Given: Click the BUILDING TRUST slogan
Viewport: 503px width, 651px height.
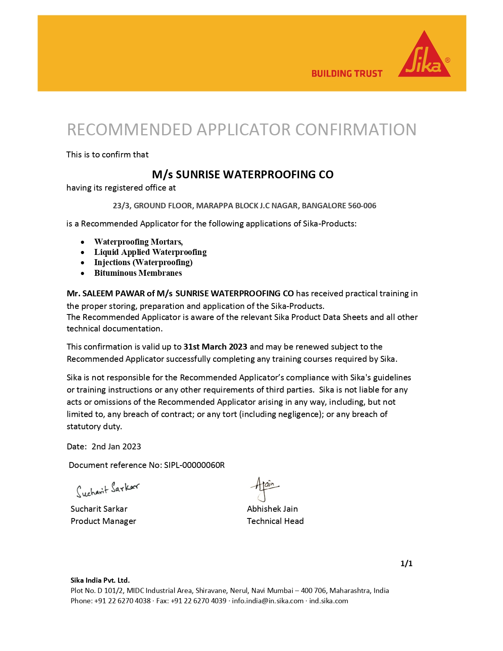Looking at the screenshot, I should (347, 74).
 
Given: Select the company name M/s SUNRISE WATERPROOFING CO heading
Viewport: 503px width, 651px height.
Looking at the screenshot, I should (243, 174).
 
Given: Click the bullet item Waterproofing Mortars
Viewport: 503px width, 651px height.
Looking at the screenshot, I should (138, 242).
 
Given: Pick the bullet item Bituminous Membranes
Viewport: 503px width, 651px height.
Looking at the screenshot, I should (138, 273).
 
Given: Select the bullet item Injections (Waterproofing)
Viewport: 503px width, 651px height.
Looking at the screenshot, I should (143, 262).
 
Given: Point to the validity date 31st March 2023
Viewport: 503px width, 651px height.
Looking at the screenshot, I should (215, 347).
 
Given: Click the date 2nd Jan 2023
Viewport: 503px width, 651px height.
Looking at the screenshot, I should (116, 447).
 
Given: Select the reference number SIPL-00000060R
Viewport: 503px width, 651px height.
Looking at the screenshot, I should (194, 465).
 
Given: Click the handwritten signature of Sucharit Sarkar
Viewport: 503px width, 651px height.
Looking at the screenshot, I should (107, 490).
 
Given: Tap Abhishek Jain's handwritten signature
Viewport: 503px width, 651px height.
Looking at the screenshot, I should (265, 487).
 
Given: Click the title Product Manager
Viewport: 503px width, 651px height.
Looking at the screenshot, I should (103, 521).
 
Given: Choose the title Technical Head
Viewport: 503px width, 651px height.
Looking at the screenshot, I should (275, 521).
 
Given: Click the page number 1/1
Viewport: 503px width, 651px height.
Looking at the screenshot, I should (406, 563).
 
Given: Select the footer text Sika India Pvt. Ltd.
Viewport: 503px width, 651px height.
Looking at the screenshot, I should (100, 580).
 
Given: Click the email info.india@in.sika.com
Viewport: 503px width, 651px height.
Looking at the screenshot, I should (267, 601).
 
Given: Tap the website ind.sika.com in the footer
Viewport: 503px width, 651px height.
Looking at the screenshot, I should (329, 601).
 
